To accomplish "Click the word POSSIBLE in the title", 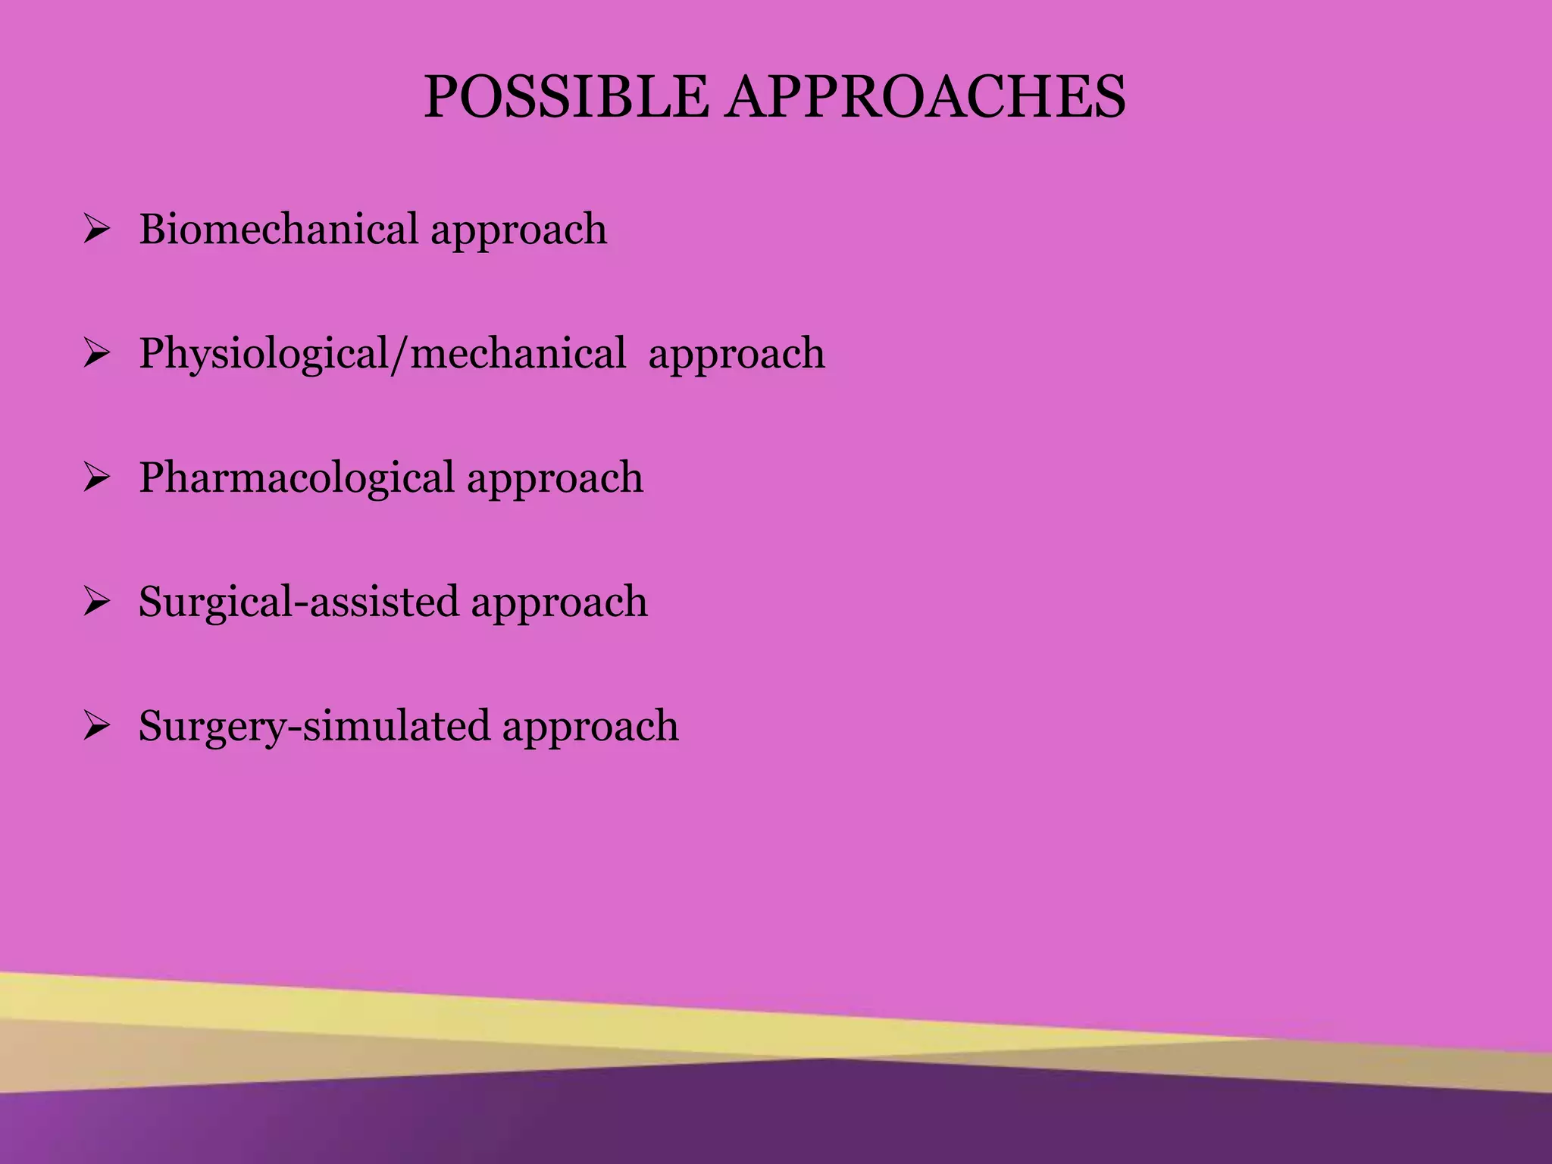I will click(565, 98).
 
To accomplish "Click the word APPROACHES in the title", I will click(925, 98).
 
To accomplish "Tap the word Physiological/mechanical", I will click(383, 354).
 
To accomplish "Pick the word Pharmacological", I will click(296, 477).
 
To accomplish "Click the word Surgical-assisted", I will click(299, 602).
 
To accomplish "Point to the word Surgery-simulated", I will click(314, 726).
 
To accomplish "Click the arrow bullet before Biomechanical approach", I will click(97, 230).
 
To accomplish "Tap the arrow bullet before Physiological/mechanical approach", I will click(97, 354).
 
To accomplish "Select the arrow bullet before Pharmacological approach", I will click(97, 478).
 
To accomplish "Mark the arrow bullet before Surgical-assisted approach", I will click(97, 602).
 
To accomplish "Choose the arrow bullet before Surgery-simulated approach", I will click(97, 727).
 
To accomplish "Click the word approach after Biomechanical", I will click(519, 232).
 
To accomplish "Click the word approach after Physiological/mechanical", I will click(737, 356).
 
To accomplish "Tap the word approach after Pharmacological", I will click(555, 480).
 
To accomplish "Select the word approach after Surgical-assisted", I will click(559, 605).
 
